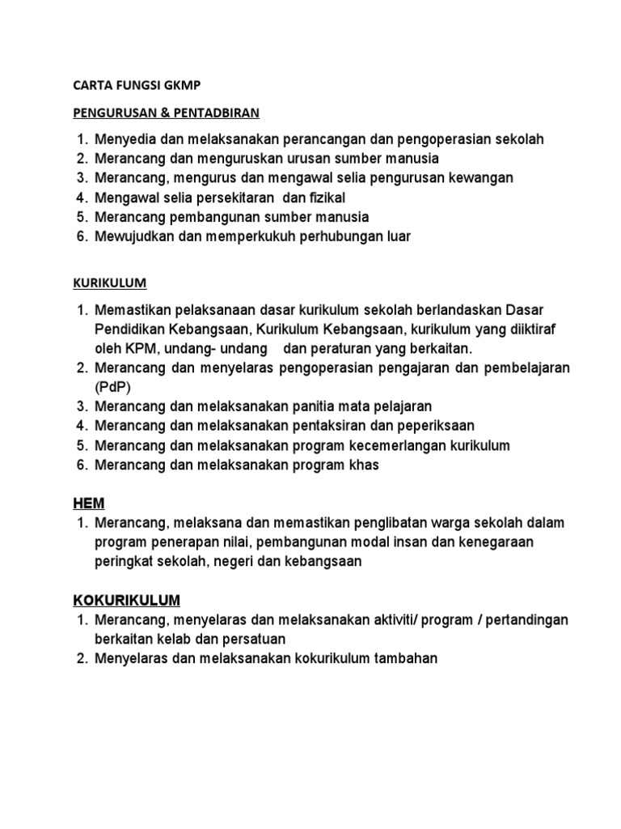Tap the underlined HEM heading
coord(89,503)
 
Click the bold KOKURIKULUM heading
coord(126,600)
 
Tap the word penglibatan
coord(376,522)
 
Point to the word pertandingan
coord(523,619)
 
